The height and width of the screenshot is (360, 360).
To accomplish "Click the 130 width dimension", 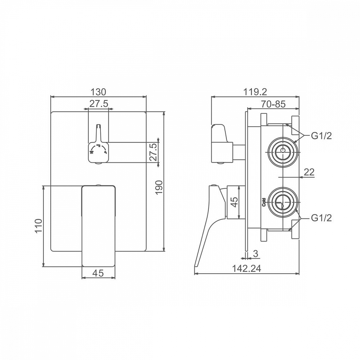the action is pos(98,92).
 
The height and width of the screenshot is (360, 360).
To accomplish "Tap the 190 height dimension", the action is pos(159,187).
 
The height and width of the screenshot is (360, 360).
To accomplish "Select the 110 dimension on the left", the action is pos(39,226).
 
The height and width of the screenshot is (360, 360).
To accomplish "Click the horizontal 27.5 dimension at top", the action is pos(99,104).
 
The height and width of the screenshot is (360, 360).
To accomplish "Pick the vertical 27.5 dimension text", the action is pos(154,152).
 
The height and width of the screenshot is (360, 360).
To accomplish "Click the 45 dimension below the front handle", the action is pos(98,273).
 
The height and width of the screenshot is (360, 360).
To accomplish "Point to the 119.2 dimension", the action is pos(255,92).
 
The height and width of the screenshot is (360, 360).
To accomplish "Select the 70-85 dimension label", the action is pos(273,104).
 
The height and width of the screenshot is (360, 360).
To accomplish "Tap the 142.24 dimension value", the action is pos(247,268).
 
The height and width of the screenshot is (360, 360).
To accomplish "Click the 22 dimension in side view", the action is pos(309,172).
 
